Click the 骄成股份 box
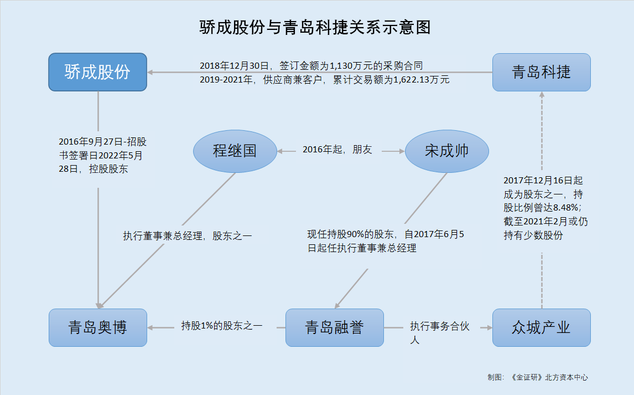[97, 72]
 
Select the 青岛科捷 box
[542, 72]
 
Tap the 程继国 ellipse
[235, 151]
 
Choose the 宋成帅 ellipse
[447, 151]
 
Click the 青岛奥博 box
[98, 327]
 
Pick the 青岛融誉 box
[334, 327]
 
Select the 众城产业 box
[542, 327]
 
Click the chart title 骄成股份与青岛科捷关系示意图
[315, 28]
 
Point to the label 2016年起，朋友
[337, 150]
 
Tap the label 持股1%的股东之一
[222, 326]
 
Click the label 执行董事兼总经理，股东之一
[187, 236]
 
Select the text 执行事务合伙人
[440, 332]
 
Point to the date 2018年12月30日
[234, 65]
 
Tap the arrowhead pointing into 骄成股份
[149, 73]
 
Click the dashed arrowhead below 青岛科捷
[542, 94]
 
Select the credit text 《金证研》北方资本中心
[549, 377]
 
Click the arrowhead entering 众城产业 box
[489, 327]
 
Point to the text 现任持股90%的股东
[350, 234]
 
